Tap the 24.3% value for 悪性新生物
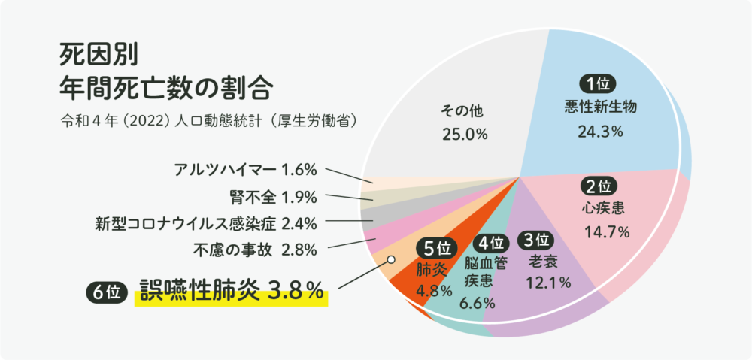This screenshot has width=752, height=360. pos(600,132)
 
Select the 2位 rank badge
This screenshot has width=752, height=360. pos(599,185)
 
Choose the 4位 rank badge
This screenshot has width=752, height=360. pos(493,244)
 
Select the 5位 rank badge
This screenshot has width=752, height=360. pos(435,247)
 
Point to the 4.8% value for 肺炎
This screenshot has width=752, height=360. pos(433,290)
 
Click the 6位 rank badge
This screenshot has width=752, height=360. pos(104,292)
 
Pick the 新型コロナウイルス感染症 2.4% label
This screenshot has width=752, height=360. pos(205,223)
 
